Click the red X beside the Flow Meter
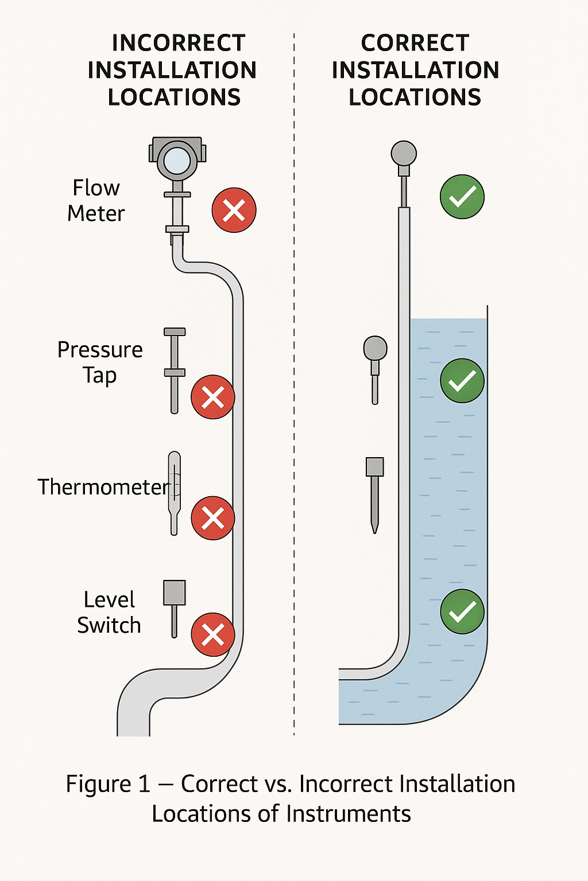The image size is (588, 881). (x=234, y=210)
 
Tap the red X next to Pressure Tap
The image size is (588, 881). (x=212, y=397)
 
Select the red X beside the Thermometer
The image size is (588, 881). (x=212, y=518)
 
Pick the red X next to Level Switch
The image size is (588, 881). (x=212, y=634)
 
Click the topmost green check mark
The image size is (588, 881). (x=462, y=197)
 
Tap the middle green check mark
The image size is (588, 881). (x=462, y=381)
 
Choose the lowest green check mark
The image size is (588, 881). (x=462, y=611)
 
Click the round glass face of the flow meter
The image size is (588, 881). (x=177, y=161)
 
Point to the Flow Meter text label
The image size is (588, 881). (x=96, y=201)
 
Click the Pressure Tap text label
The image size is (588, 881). (x=100, y=362)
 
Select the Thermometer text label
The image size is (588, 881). (x=103, y=487)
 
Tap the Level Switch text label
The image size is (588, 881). (x=109, y=613)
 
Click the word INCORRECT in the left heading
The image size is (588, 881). (x=179, y=43)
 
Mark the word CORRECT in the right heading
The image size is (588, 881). (x=415, y=43)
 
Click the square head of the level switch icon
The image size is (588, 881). (x=175, y=592)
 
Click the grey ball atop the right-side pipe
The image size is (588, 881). (x=404, y=153)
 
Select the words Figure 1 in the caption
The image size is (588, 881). (x=108, y=784)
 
